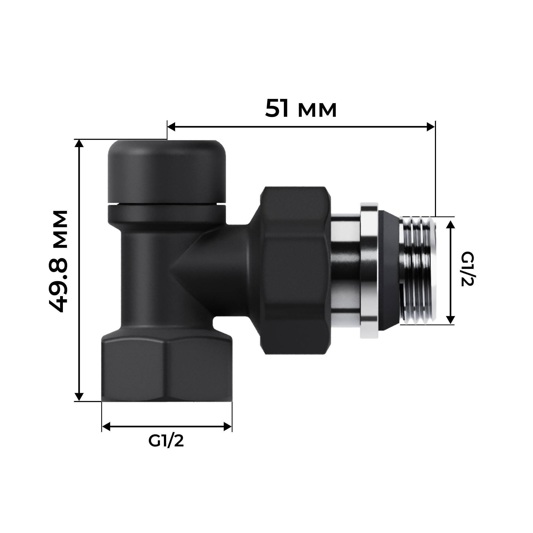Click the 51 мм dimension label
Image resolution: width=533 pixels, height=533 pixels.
[x=301, y=109]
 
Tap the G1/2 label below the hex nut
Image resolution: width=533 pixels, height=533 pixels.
[x=166, y=441]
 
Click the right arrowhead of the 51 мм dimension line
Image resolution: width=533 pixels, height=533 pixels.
[x=431, y=127]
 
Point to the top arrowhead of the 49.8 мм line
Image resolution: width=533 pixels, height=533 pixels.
[x=79, y=144]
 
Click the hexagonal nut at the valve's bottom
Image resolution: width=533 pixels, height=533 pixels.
[x=166, y=370]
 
